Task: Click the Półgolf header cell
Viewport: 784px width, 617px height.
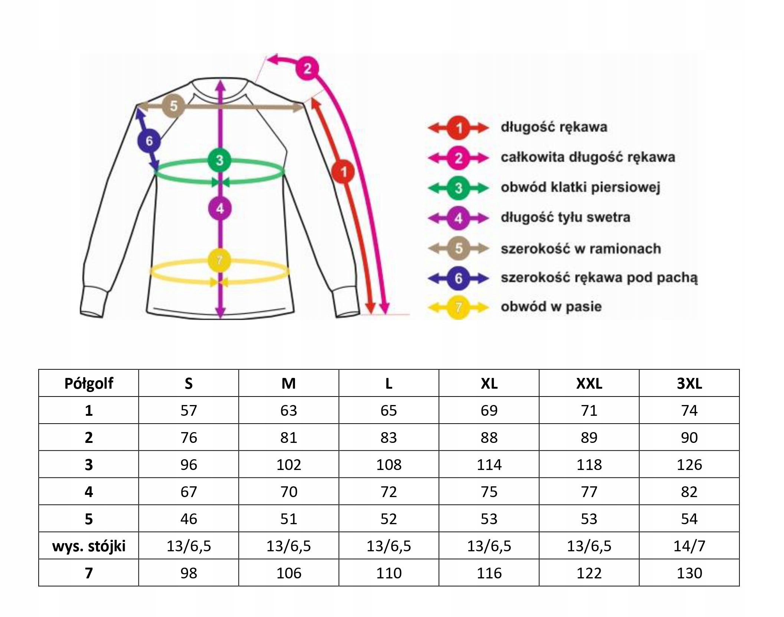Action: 89,383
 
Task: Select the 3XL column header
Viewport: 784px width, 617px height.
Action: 689,383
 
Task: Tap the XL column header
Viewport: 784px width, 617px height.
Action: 489,383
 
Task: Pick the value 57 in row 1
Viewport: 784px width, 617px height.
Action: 188,410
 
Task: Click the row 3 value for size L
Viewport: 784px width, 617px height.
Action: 388,464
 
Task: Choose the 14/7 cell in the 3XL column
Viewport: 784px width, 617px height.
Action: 689,546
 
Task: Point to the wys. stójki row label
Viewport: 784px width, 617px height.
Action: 89,546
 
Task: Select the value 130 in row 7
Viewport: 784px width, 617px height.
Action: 689,573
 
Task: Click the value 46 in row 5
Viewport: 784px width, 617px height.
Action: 188,519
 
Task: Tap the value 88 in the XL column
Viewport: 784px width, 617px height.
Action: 489,437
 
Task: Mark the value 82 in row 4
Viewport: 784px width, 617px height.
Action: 689,492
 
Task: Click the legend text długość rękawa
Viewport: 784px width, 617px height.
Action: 554,127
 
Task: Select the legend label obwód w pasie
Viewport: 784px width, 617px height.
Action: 551,307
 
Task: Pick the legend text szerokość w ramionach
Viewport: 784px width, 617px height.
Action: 581,248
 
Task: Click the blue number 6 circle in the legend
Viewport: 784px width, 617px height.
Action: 459,278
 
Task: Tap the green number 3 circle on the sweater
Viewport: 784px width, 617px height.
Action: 220,160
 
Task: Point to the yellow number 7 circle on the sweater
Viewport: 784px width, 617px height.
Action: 219,260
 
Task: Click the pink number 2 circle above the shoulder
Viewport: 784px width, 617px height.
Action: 307,68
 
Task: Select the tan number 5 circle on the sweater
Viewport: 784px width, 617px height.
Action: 173,106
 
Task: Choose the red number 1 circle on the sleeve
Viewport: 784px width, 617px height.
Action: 343,172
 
